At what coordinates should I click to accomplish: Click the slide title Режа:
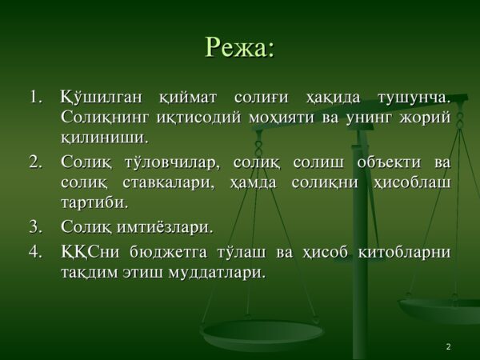tap(239, 48)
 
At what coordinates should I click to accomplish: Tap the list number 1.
tap(35, 98)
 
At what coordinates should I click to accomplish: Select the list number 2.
tap(35, 162)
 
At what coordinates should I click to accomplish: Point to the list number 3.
tap(35, 227)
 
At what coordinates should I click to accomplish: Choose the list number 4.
tap(35, 252)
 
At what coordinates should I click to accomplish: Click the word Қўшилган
tap(102, 98)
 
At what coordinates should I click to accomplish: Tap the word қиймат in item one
tap(188, 98)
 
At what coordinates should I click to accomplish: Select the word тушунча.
tap(414, 98)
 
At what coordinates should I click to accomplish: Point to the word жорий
tap(425, 118)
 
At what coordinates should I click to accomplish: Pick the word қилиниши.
tap(104, 138)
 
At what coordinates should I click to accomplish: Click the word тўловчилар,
tap(172, 162)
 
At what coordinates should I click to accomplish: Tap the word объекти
tap(389, 162)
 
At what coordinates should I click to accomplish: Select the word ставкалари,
tap(168, 183)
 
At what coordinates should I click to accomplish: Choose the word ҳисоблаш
tap(412, 183)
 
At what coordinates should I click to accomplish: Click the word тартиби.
tap(94, 202)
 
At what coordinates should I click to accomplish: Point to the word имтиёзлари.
tap(165, 227)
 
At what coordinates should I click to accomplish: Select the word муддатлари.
tap(217, 273)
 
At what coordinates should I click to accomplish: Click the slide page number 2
tap(449, 346)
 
